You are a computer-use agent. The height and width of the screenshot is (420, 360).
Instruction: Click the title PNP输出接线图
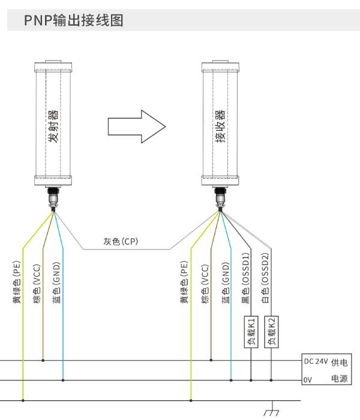(x=74, y=20)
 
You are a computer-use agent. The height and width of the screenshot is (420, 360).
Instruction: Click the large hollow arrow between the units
(x=137, y=127)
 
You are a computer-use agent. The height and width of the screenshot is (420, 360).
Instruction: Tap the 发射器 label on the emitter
(x=53, y=126)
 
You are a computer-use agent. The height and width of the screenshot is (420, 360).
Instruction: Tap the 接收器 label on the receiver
(x=220, y=126)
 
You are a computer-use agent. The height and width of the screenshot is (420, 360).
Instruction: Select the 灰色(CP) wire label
(x=121, y=241)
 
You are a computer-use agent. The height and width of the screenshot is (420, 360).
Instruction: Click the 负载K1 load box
(x=251, y=332)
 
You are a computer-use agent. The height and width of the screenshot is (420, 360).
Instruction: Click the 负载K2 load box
(x=271, y=332)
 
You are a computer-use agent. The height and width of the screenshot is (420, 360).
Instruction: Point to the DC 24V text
(x=316, y=361)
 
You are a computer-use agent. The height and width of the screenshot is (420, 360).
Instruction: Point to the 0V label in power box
(x=308, y=380)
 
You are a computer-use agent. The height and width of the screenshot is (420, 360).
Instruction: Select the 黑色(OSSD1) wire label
(x=245, y=278)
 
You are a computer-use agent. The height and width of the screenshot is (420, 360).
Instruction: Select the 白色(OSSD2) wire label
(x=265, y=278)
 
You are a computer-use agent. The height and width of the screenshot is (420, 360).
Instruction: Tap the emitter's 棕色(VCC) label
(x=37, y=284)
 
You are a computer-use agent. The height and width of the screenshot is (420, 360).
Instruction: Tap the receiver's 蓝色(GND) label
(x=226, y=283)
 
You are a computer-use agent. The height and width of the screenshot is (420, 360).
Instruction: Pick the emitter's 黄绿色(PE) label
(x=17, y=282)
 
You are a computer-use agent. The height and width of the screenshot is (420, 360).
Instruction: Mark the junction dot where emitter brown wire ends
(x=43, y=360)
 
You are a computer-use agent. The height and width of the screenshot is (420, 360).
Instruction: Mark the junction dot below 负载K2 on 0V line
(x=271, y=380)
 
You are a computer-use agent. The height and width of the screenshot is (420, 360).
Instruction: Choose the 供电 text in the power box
(x=340, y=362)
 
